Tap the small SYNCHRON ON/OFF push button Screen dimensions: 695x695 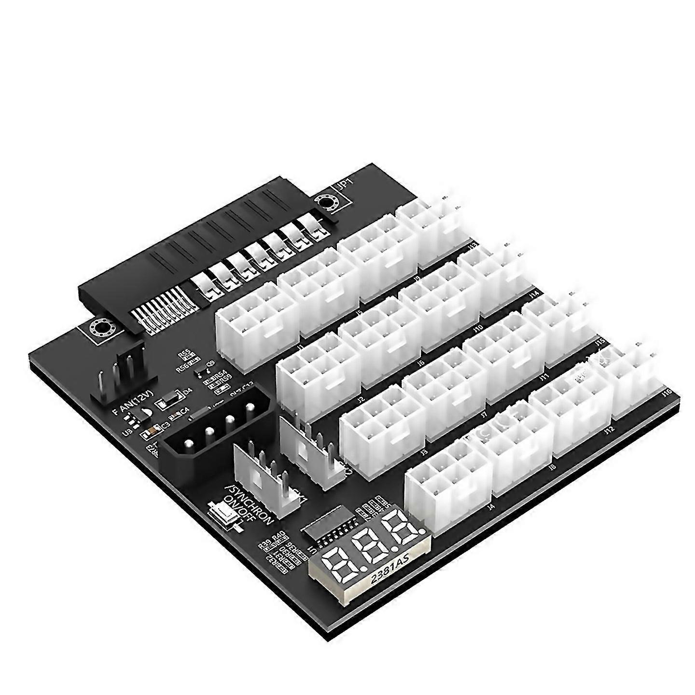(x=223, y=513)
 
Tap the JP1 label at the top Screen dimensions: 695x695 (x=346, y=184)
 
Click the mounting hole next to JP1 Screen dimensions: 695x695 (x=327, y=203)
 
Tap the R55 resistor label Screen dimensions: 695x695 (x=184, y=355)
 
